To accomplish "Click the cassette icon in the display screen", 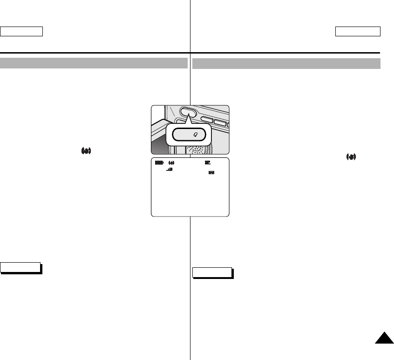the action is point(211,172).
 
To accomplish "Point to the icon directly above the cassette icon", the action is point(207,163).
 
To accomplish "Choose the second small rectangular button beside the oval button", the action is point(220,123).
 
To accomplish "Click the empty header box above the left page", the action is point(21,31).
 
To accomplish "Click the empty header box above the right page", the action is point(358,31).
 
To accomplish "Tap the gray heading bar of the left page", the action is point(94,63).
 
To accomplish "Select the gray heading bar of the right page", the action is point(286,63).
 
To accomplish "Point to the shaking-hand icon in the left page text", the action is point(86,151).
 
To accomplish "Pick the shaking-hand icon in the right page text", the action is point(351,157).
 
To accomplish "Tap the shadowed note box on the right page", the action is point(212,272).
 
